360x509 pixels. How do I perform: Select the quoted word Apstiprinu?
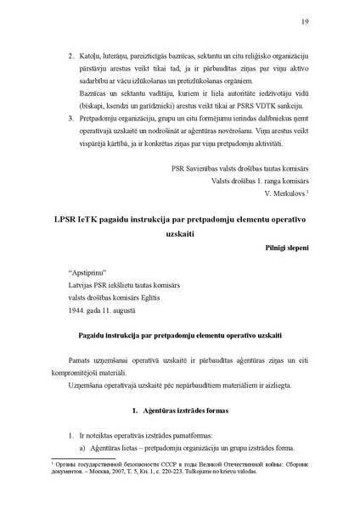pos(86,274)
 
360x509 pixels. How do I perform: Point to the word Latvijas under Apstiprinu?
pos(82,287)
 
